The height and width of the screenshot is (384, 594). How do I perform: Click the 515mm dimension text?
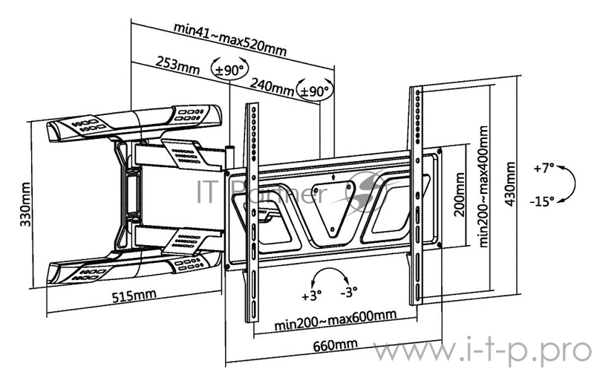[134, 295]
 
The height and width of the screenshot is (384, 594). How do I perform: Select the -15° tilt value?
[544, 201]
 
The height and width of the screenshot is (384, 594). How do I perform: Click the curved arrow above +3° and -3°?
[330, 276]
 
